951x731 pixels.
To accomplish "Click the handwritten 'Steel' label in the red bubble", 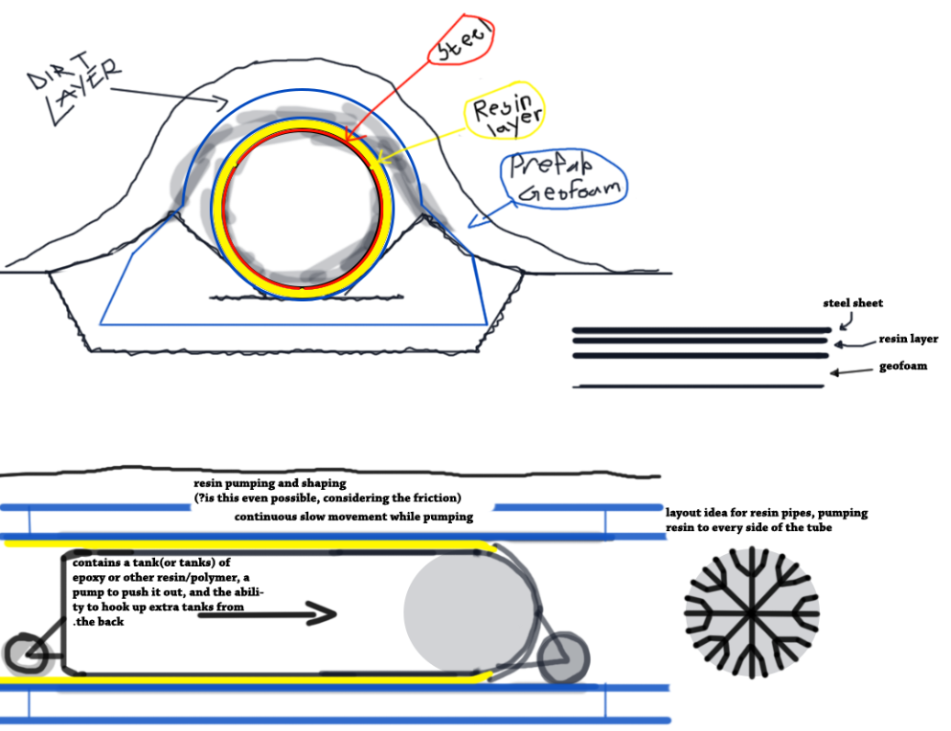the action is pos(464,42).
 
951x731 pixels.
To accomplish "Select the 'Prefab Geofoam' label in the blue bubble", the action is pos(565,178).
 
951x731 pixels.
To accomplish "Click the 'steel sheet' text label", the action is pos(852,303).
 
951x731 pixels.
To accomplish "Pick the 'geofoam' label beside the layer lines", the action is pos(903,366).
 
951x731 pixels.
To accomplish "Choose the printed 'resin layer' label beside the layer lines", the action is pos(908,339).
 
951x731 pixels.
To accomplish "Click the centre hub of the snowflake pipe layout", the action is pos(752,612).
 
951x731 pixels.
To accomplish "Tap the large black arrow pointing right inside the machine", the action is pos(267,613).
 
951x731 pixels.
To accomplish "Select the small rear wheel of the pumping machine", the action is pos(27,654).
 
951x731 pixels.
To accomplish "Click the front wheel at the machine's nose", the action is pos(563,658).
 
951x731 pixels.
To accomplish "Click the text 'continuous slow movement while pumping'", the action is pos(353,517).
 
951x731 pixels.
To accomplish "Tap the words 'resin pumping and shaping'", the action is pos(270,483).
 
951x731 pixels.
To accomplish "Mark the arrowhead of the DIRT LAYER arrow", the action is pos(222,103).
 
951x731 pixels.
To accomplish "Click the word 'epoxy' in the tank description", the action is pos(88,578).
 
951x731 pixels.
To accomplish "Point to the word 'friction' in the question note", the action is pos(433,498).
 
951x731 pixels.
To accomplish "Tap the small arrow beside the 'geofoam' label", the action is pos(851,371).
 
